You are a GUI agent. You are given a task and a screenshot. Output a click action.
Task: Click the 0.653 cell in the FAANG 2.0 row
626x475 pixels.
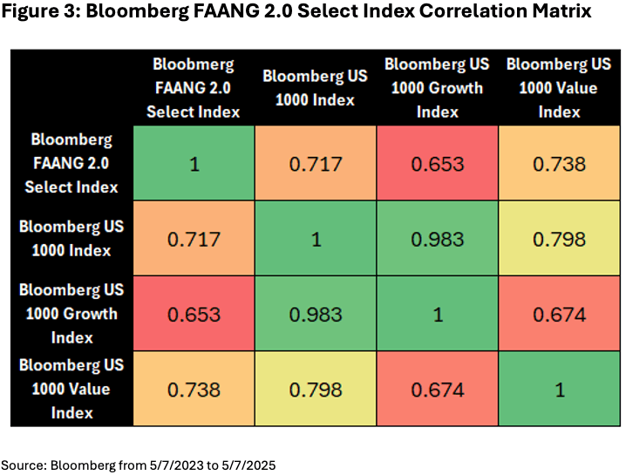438,164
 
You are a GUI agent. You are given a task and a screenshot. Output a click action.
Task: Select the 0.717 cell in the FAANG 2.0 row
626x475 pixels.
316,164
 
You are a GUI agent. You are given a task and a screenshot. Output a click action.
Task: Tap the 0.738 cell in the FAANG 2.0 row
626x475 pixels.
560,164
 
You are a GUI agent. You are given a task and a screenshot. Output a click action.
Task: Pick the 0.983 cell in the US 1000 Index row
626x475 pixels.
438,239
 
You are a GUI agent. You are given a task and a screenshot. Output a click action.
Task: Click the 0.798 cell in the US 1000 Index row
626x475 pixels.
560,239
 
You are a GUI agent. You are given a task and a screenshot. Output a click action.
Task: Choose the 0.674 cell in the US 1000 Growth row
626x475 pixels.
560,314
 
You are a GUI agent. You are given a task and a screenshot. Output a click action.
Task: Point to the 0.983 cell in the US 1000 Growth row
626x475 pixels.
316,314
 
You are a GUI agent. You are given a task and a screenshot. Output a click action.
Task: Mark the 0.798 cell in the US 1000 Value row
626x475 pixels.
316,389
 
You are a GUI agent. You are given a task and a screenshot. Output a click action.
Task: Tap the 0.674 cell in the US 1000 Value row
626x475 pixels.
438,389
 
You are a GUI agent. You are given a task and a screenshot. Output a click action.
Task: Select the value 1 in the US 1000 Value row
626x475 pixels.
560,389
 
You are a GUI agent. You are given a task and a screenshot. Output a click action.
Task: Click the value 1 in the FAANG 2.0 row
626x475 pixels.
194,164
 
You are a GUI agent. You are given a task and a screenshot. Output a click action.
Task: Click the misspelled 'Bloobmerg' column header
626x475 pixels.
194,64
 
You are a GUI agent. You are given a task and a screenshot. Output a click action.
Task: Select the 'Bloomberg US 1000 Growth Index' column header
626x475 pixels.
438,88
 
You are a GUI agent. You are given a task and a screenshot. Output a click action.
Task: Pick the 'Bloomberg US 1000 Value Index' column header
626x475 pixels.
560,88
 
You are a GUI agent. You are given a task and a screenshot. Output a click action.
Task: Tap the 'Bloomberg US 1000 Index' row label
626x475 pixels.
71,238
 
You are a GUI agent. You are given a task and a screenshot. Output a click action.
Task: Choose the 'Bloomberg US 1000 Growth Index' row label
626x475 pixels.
71,313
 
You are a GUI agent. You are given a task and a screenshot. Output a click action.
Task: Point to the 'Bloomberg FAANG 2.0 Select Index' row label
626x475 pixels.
71,163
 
